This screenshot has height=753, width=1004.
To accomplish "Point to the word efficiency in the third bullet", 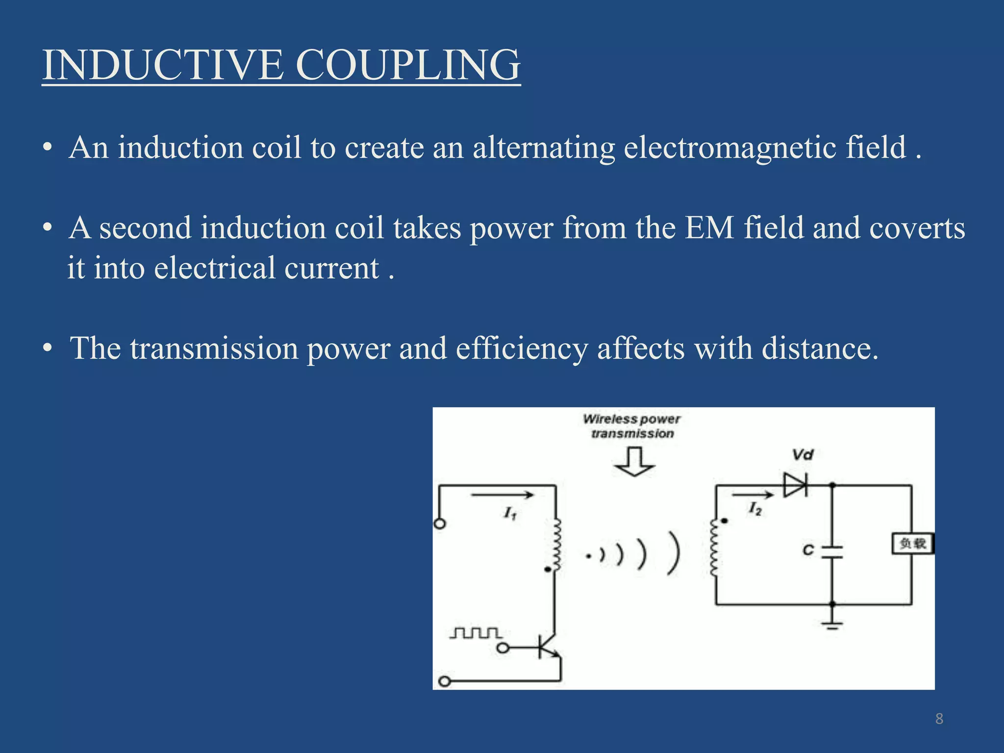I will pyautogui.click(x=522, y=349).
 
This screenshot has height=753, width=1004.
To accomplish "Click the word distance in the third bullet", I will pyautogui.click(x=820, y=349).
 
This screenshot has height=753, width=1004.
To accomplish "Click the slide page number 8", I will pyautogui.click(x=939, y=719).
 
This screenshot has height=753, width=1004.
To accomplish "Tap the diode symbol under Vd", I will pyautogui.click(x=795, y=485).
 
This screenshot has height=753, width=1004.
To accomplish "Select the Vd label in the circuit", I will pyautogui.click(x=803, y=455).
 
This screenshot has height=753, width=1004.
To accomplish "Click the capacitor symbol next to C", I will pyautogui.click(x=832, y=552).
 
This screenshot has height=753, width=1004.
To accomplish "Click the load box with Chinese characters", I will pyautogui.click(x=912, y=544).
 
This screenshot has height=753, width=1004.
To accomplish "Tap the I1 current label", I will pyautogui.click(x=510, y=513).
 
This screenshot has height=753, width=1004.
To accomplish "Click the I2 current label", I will pyautogui.click(x=755, y=509).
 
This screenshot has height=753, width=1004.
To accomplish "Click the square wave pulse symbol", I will pyautogui.click(x=476, y=633).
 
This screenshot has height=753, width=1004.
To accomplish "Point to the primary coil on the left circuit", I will pyautogui.click(x=556, y=545).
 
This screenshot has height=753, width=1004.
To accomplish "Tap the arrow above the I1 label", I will pyautogui.click(x=502, y=495).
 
